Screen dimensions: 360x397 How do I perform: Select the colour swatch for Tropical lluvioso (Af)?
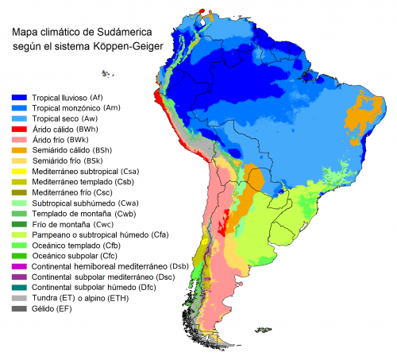18,96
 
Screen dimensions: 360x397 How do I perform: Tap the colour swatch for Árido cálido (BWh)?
18,128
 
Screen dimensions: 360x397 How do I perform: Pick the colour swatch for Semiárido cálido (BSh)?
18,149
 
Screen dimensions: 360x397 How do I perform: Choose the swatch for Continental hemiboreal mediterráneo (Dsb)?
18,266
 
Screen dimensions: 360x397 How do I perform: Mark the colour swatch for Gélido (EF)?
18,309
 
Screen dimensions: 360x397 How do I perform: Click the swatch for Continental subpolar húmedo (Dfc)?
18,288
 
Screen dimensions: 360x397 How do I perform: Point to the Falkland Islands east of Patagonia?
256,327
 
